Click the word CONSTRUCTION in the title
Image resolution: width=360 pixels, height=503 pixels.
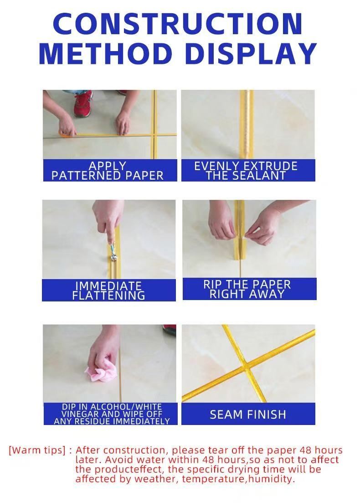(x=178, y=24)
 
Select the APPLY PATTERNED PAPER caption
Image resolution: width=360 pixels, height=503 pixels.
(x=108, y=171)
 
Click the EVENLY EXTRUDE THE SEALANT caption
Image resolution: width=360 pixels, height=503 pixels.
(x=246, y=171)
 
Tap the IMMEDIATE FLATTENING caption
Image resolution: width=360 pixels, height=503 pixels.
(x=108, y=290)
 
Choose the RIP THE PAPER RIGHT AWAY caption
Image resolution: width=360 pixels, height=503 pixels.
(x=247, y=290)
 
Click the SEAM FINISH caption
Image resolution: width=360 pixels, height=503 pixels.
(x=248, y=415)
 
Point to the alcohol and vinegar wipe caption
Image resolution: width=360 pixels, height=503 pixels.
(x=112, y=414)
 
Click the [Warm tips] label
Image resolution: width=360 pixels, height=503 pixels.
(x=37, y=450)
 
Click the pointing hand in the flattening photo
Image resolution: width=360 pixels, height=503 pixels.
(x=108, y=221)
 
